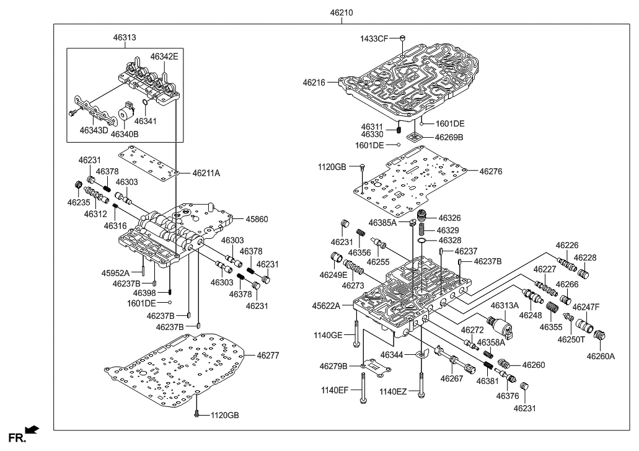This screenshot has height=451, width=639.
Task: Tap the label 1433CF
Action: tap(374, 38)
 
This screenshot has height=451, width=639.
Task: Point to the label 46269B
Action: tap(449, 137)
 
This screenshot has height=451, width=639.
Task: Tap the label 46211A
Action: tap(206, 173)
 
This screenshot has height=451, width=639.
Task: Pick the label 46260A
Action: tap(599, 356)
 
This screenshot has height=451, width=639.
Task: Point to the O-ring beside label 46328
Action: tap(422, 239)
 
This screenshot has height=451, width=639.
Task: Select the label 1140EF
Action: tap(336, 391)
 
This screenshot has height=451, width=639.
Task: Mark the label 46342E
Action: tap(164, 56)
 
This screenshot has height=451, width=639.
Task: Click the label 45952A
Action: tap(115, 273)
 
